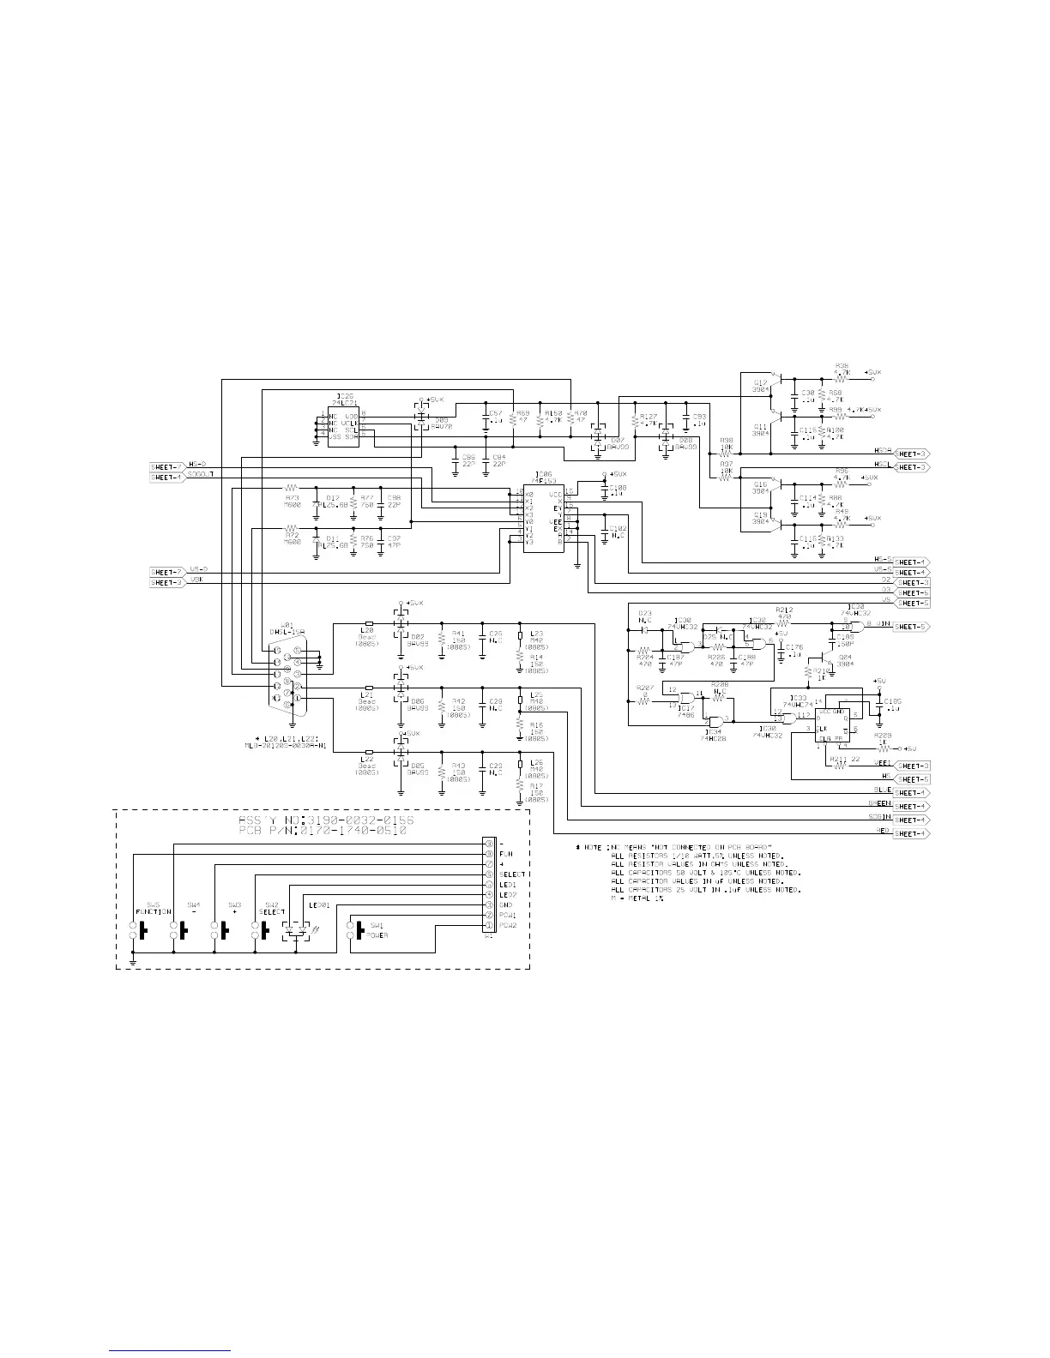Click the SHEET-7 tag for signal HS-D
pyautogui.click(x=167, y=465)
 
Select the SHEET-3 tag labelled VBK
pyautogui.click(x=167, y=582)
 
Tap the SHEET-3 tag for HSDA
pyautogui.click(x=912, y=453)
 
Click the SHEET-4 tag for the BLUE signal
pyautogui.click(x=911, y=793)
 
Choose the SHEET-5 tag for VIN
pyautogui.click(x=911, y=627)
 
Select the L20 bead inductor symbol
pyautogui.click(x=369, y=624)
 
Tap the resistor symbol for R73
pyautogui.click(x=291, y=489)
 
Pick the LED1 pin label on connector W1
pyautogui.click(x=507, y=884)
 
